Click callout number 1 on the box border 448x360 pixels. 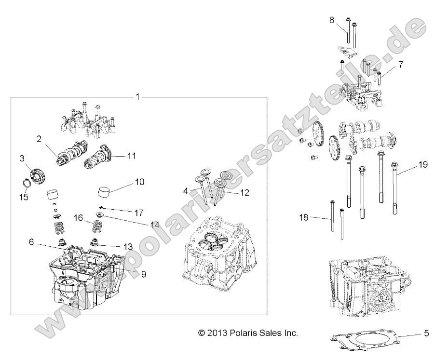(137, 97)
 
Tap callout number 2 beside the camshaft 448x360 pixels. (39, 139)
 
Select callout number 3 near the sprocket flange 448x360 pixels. (22, 158)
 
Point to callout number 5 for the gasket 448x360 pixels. (426, 333)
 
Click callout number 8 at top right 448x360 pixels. (331, 20)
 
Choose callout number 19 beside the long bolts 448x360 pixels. (422, 165)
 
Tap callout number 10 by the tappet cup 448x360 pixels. (139, 182)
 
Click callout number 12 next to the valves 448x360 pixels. (244, 193)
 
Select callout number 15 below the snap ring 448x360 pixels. (23, 197)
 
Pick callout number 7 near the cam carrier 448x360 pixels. (400, 64)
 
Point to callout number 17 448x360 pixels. (139, 212)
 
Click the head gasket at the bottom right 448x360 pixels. (367, 343)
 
